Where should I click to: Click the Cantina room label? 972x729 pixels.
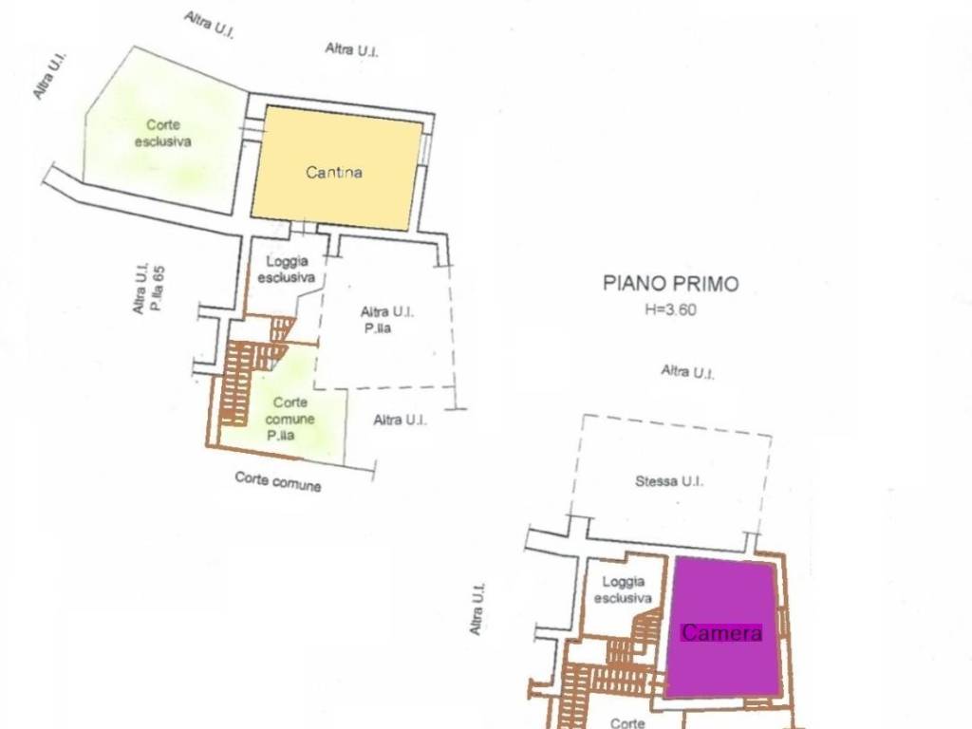coord(334,172)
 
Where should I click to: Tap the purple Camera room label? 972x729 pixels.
coord(721,632)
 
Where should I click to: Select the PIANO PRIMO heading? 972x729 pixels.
coord(671,283)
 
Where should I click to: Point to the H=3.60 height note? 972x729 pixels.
coord(670,308)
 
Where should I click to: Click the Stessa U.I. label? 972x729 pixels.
coord(669,481)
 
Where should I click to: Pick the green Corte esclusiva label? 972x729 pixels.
coord(163,133)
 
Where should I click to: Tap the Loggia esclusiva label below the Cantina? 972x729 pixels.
coord(287,270)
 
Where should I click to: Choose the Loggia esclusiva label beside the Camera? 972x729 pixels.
coord(623,589)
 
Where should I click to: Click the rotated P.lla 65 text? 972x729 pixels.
coord(159,289)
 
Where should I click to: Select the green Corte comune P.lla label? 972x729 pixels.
coord(290,419)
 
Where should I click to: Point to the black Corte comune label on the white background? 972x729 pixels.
coord(278,481)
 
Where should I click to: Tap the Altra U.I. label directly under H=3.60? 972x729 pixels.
coord(687,372)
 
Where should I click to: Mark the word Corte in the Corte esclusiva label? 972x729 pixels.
coord(163,124)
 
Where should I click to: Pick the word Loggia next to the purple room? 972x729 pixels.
coord(624,582)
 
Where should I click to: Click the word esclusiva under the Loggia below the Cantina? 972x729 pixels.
coord(287,278)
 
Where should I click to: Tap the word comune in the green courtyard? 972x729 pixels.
coord(290,419)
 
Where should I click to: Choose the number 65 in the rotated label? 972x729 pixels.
coord(159,272)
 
